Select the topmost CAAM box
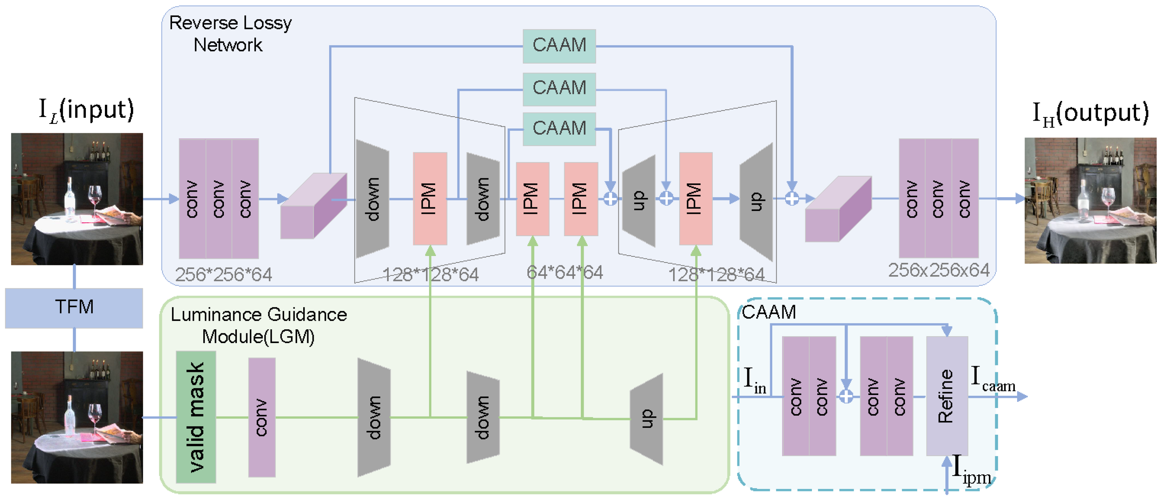click(559, 45)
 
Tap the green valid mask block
click(196, 417)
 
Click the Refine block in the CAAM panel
click(946, 396)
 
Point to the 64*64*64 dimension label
click(564, 272)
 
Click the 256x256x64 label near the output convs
click(938, 270)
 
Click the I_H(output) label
click(1091, 113)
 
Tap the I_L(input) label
click(86, 110)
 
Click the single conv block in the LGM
click(262, 417)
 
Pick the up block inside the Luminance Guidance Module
click(646, 419)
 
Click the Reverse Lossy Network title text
click(230, 34)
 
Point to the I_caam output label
click(993, 379)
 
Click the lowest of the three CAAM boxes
click(559, 129)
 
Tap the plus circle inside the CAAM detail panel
click(846, 396)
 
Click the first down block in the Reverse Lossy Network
click(372, 199)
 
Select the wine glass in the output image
click(1108, 199)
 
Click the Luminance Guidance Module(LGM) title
click(259, 325)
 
